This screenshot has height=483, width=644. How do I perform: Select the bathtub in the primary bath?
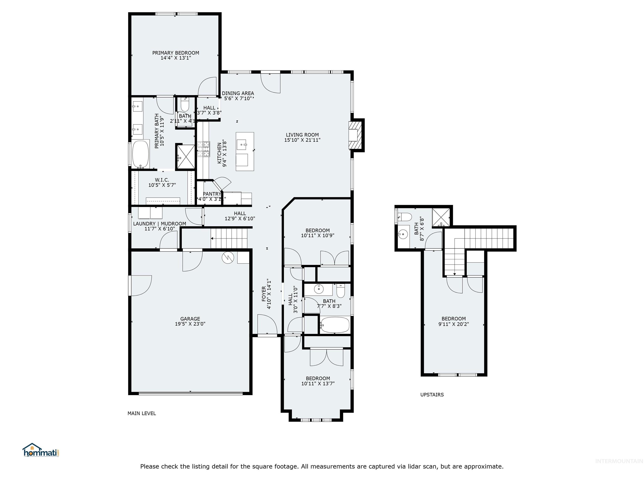coord(141,154)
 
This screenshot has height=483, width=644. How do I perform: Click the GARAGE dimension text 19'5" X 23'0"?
coord(190,324)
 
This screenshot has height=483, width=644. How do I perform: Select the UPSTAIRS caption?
coord(432,395)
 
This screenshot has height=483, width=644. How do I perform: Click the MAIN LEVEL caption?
coord(142,413)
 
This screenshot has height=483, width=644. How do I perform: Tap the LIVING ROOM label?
coord(302,135)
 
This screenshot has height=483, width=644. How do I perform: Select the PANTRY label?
coord(212,194)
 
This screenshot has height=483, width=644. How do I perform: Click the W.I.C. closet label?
coord(162,180)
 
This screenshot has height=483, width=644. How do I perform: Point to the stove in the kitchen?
coord(204,149)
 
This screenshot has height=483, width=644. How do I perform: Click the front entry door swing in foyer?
coord(267,325)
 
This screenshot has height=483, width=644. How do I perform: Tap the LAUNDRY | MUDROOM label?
coord(160,224)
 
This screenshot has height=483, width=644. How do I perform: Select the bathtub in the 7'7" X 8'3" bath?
coord(335,325)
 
